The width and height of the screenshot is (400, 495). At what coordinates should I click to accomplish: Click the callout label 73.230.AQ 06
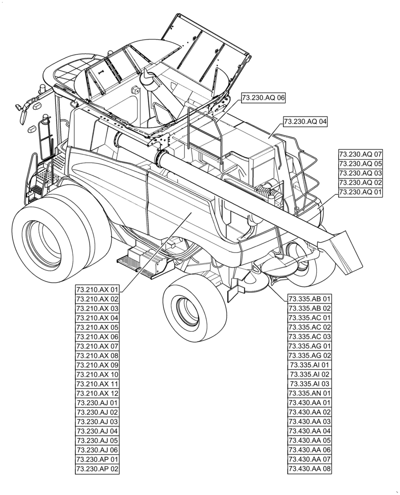[x=264, y=98]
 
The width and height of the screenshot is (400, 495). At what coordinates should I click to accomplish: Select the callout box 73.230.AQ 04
[x=305, y=121]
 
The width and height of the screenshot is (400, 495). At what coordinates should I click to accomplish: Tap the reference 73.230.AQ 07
[x=360, y=154]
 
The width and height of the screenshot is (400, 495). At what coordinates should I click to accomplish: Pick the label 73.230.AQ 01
[x=360, y=192]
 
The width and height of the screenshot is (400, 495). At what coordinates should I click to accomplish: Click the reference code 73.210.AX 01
[x=98, y=290]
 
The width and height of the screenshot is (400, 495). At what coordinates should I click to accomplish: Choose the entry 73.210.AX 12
[x=98, y=393]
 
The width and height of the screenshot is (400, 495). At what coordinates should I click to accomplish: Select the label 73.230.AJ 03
[x=98, y=421]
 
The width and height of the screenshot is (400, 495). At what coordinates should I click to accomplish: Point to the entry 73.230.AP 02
[x=98, y=468]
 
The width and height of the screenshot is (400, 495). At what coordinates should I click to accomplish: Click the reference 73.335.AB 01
[x=309, y=299]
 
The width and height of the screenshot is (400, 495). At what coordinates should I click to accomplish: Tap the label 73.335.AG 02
[x=309, y=355]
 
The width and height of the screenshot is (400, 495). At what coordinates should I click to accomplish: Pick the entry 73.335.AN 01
[x=309, y=393]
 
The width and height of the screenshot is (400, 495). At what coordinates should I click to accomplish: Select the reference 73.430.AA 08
[x=309, y=468]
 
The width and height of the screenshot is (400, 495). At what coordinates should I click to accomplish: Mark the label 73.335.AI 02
[x=309, y=374]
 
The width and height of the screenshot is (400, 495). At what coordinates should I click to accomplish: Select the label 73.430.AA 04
[x=309, y=431]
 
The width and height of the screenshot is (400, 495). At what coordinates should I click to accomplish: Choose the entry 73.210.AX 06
[x=98, y=337]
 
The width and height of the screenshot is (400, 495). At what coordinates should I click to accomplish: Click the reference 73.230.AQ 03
[x=360, y=173]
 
